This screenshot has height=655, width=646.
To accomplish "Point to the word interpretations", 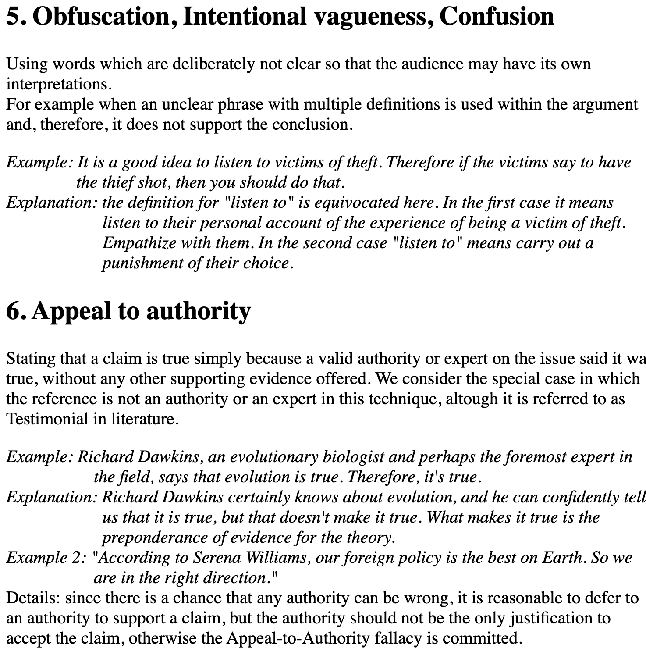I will click(57, 84).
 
